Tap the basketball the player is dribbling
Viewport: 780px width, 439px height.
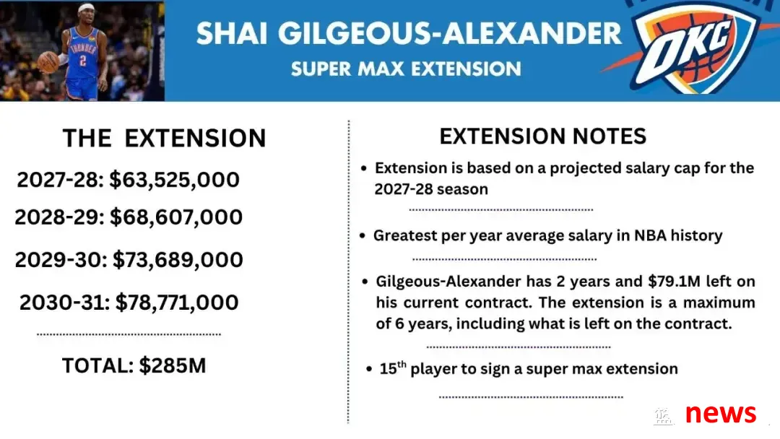tap(48, 62)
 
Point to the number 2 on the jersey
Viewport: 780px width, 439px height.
tap(82, 60)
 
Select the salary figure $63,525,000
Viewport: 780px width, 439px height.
tap(174, 180)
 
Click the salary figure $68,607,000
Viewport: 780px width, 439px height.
tap(176, 217)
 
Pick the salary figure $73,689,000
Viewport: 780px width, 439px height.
tap(178, 259)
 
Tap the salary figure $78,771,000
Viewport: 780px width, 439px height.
tap(177, 303)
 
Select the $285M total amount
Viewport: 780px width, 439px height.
tap(172, 365)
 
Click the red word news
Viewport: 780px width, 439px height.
tap(720, 413)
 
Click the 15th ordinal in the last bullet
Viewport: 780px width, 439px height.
tap(392, 368)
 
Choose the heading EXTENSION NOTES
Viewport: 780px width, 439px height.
tap(542, 136)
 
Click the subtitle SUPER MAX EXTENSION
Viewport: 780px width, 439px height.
tap(406, 69)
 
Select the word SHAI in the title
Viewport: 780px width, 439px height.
tap(232, 33)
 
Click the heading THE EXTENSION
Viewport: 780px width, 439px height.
tap(164, 138)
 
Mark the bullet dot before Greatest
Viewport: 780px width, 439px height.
tap(362, 235)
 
